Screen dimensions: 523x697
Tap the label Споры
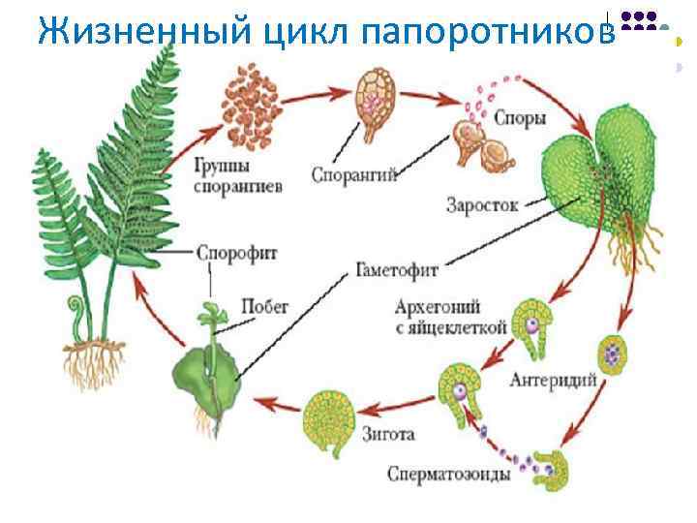[x=520, y=119]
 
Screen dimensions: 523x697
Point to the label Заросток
[x=482, y=204]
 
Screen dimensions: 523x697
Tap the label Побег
[x=265, y=307]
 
